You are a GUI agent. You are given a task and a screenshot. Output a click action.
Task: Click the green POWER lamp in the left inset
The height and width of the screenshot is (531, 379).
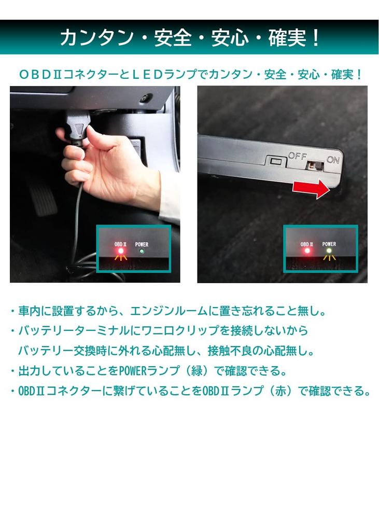click(142, 251)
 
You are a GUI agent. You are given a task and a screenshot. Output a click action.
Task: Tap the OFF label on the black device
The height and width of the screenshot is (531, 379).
click(298, 155)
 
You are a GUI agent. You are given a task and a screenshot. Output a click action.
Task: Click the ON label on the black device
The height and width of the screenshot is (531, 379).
click(333, 160)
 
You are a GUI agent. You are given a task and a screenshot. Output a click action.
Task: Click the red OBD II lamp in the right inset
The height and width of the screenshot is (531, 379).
click(307, 251)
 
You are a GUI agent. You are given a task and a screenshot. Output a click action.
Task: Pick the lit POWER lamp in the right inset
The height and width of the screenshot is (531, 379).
click(328, 251)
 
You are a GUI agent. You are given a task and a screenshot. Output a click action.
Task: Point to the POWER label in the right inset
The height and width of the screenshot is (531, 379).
click(329, 244)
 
